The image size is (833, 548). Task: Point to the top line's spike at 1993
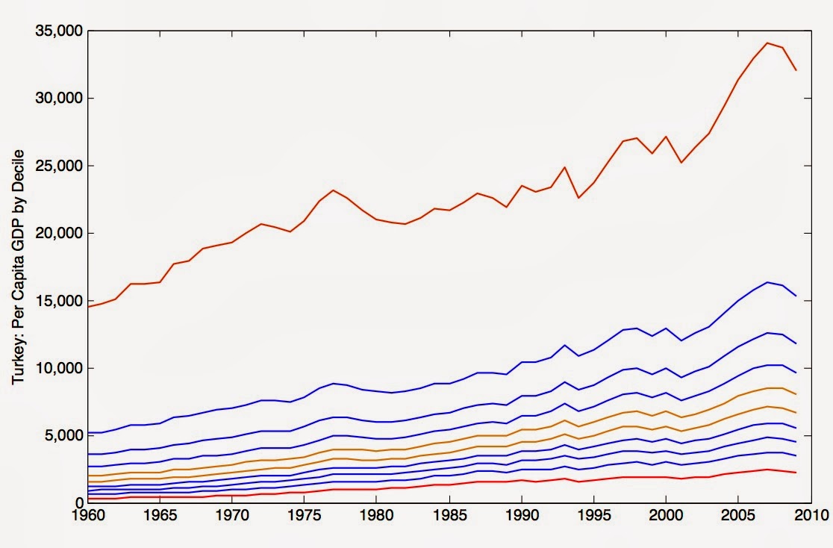pos(565,167)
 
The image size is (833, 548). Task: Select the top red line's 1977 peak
pos(334,190)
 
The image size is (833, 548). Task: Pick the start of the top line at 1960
pos(88,306)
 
